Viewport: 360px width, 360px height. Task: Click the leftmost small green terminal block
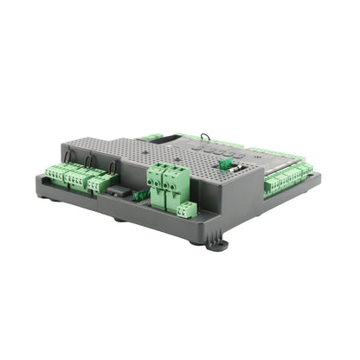(55, 173)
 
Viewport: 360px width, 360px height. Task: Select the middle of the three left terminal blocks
(75, 177)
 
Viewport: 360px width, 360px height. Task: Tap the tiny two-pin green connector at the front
(187, 209)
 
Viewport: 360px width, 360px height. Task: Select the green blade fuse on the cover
(224, 163)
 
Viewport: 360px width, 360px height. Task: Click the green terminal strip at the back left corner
(151, 137)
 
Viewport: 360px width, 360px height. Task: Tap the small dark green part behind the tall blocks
(140, 196)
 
